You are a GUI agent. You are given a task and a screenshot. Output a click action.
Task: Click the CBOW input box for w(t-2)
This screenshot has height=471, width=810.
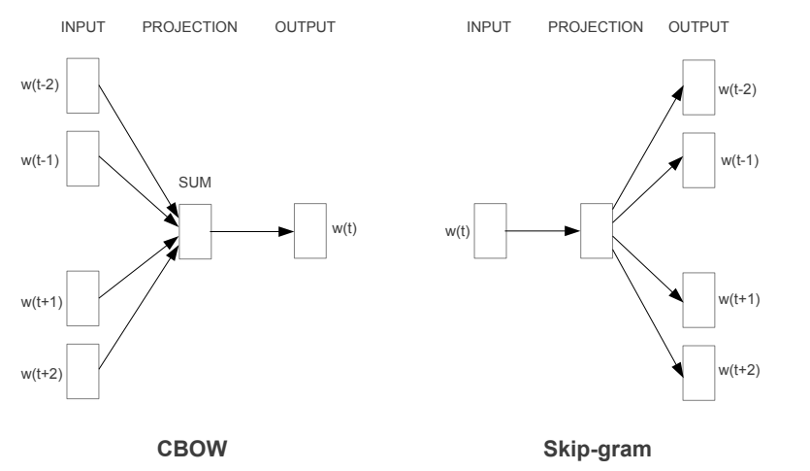83,84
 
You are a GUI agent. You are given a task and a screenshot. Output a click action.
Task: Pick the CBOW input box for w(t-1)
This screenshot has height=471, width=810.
83,157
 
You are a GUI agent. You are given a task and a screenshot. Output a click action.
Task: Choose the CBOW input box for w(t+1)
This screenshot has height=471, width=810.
83,298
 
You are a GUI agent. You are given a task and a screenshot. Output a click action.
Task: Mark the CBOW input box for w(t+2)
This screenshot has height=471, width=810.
83,371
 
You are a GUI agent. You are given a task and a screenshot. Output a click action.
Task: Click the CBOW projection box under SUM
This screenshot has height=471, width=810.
195,231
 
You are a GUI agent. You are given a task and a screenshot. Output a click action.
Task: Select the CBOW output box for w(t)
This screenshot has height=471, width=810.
309,231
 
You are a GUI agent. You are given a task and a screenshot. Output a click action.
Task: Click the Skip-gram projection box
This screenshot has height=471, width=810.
595,231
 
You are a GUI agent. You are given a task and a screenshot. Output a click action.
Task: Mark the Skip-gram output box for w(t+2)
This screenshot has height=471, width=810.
697,371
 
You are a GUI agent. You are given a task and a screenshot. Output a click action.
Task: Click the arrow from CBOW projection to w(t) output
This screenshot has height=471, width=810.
252,231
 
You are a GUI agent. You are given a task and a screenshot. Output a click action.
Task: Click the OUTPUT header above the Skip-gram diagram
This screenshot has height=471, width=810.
698,27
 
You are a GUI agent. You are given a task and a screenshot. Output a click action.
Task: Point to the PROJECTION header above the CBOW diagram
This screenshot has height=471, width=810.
190,27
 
